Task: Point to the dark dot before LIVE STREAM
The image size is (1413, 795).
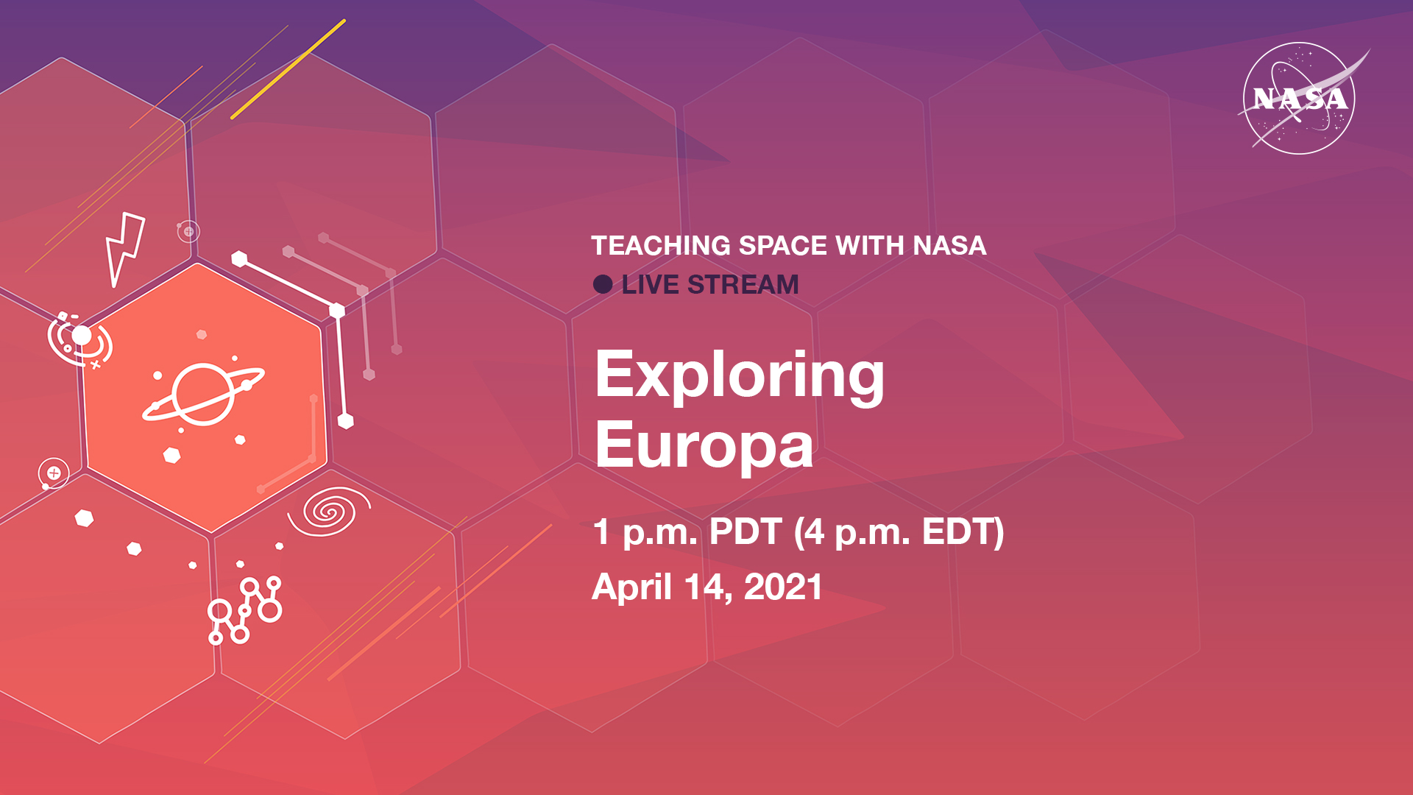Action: (603, 285)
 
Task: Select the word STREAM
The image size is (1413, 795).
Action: (743, 285)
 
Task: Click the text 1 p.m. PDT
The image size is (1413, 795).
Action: (687, 532)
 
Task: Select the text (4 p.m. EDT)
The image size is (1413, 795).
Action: (899, 532)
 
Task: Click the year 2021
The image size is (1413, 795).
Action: (783, 587)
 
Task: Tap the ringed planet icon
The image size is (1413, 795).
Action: (204, 395)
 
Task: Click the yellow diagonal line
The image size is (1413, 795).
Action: (288, 69)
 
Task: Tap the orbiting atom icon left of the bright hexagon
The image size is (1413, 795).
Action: (79, 340)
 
